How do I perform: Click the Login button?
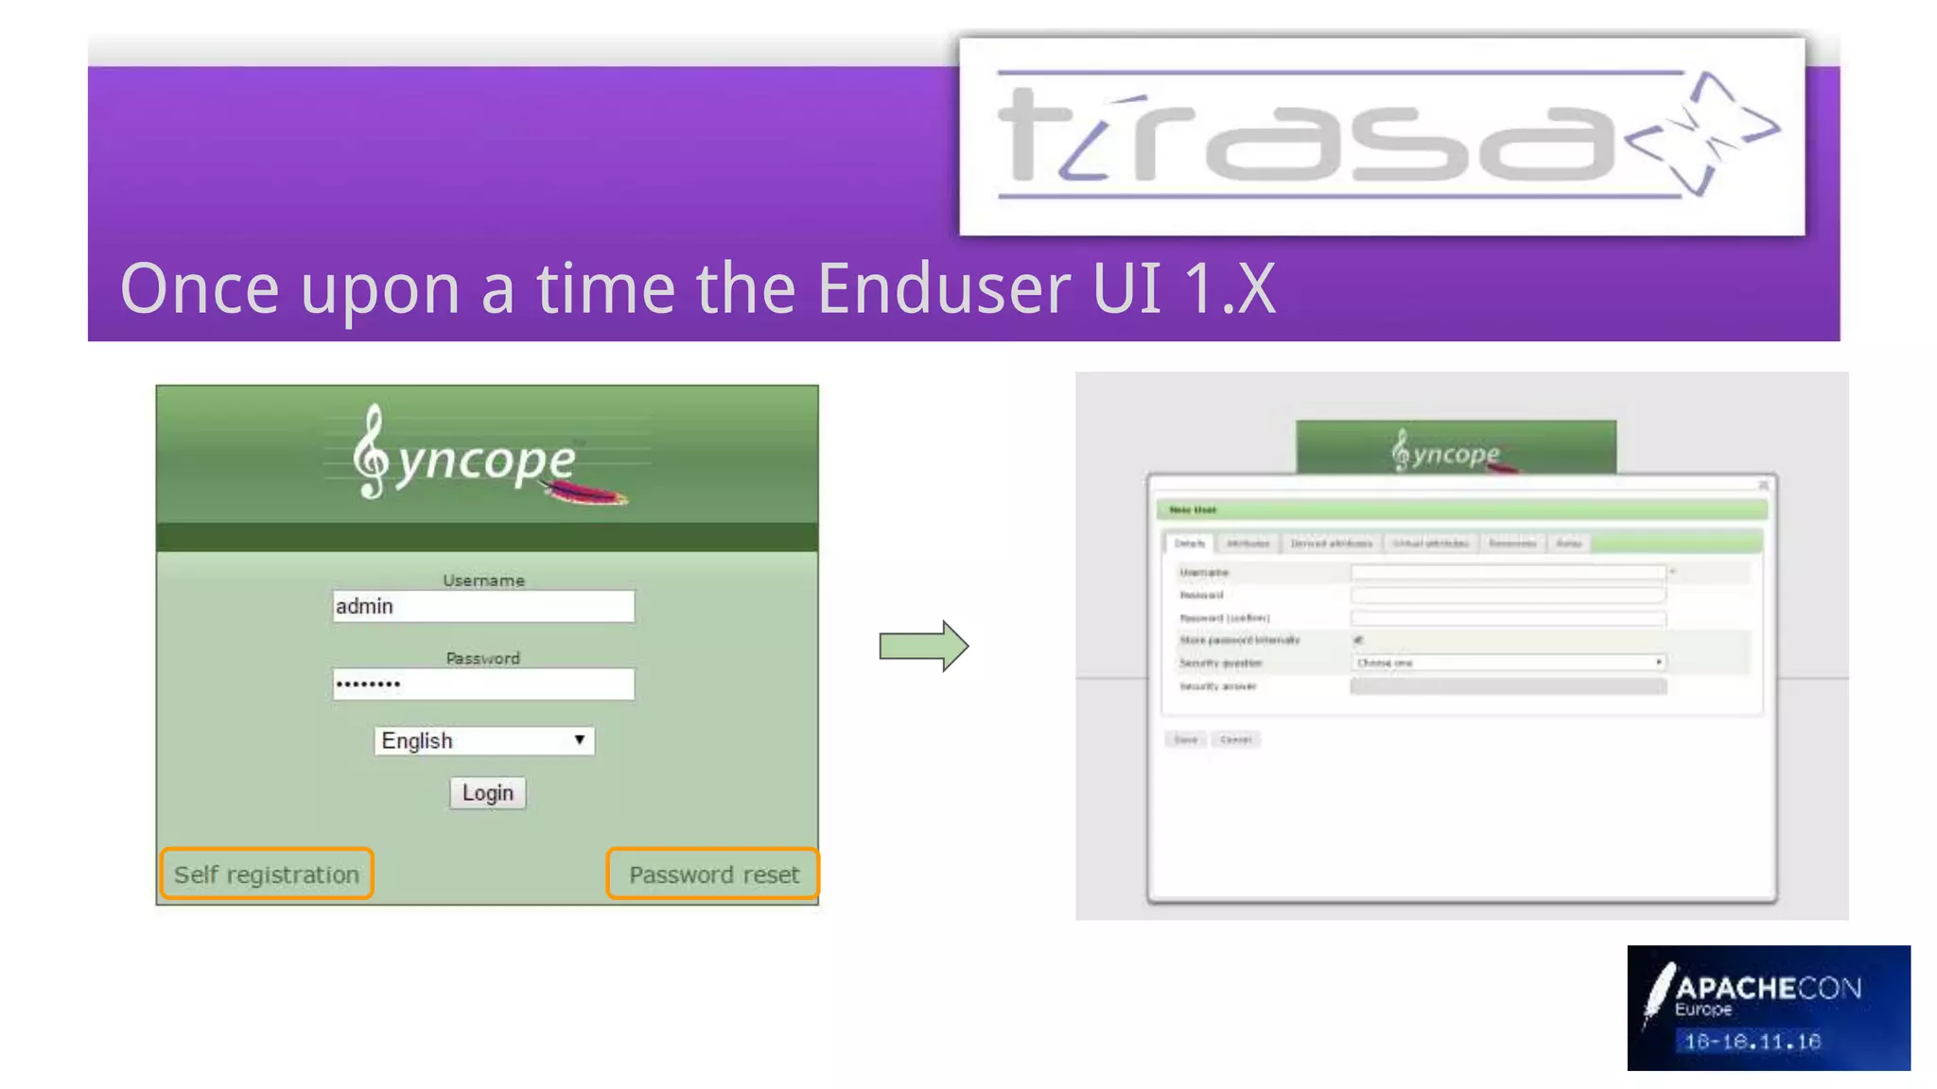click(487, 792)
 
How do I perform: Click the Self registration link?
click(267, 874)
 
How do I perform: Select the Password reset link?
click(713, 874)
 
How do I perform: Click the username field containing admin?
click(482, 606)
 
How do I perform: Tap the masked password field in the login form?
click(482, 683)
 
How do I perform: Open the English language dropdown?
click(484, 740)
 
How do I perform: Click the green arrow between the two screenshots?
click(923, 647)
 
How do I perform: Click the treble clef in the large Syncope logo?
click(371, 452)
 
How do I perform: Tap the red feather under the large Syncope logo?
click(586, 493)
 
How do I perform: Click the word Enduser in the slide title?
click(942, 288)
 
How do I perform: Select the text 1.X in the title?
click(1229, 288)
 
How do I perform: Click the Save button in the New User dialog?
click(1186, 739)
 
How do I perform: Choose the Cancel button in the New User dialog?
click(1235, 739)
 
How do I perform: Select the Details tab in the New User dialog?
click(1189, 544)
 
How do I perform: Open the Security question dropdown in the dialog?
click(1508, 663)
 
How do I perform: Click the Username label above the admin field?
click(483, 580)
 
